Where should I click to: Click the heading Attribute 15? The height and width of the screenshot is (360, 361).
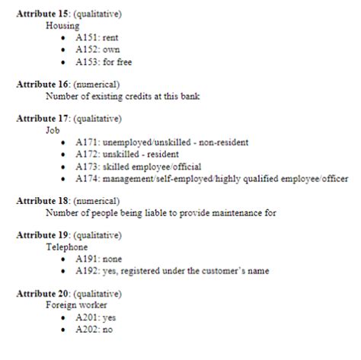[44, 14]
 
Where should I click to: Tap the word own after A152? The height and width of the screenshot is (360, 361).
[111, 49]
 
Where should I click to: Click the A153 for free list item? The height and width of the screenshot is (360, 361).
[104, 62]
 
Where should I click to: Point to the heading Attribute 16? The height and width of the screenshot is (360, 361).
[44, 84]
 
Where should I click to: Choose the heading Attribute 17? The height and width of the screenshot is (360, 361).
[44, 119]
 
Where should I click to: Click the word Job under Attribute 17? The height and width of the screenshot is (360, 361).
[53, 131]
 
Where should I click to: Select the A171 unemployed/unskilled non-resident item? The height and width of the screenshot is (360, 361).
[172, 142]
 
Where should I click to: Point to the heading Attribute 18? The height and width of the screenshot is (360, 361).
[44, 201]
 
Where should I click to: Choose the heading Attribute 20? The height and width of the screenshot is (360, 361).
[44, 294]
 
